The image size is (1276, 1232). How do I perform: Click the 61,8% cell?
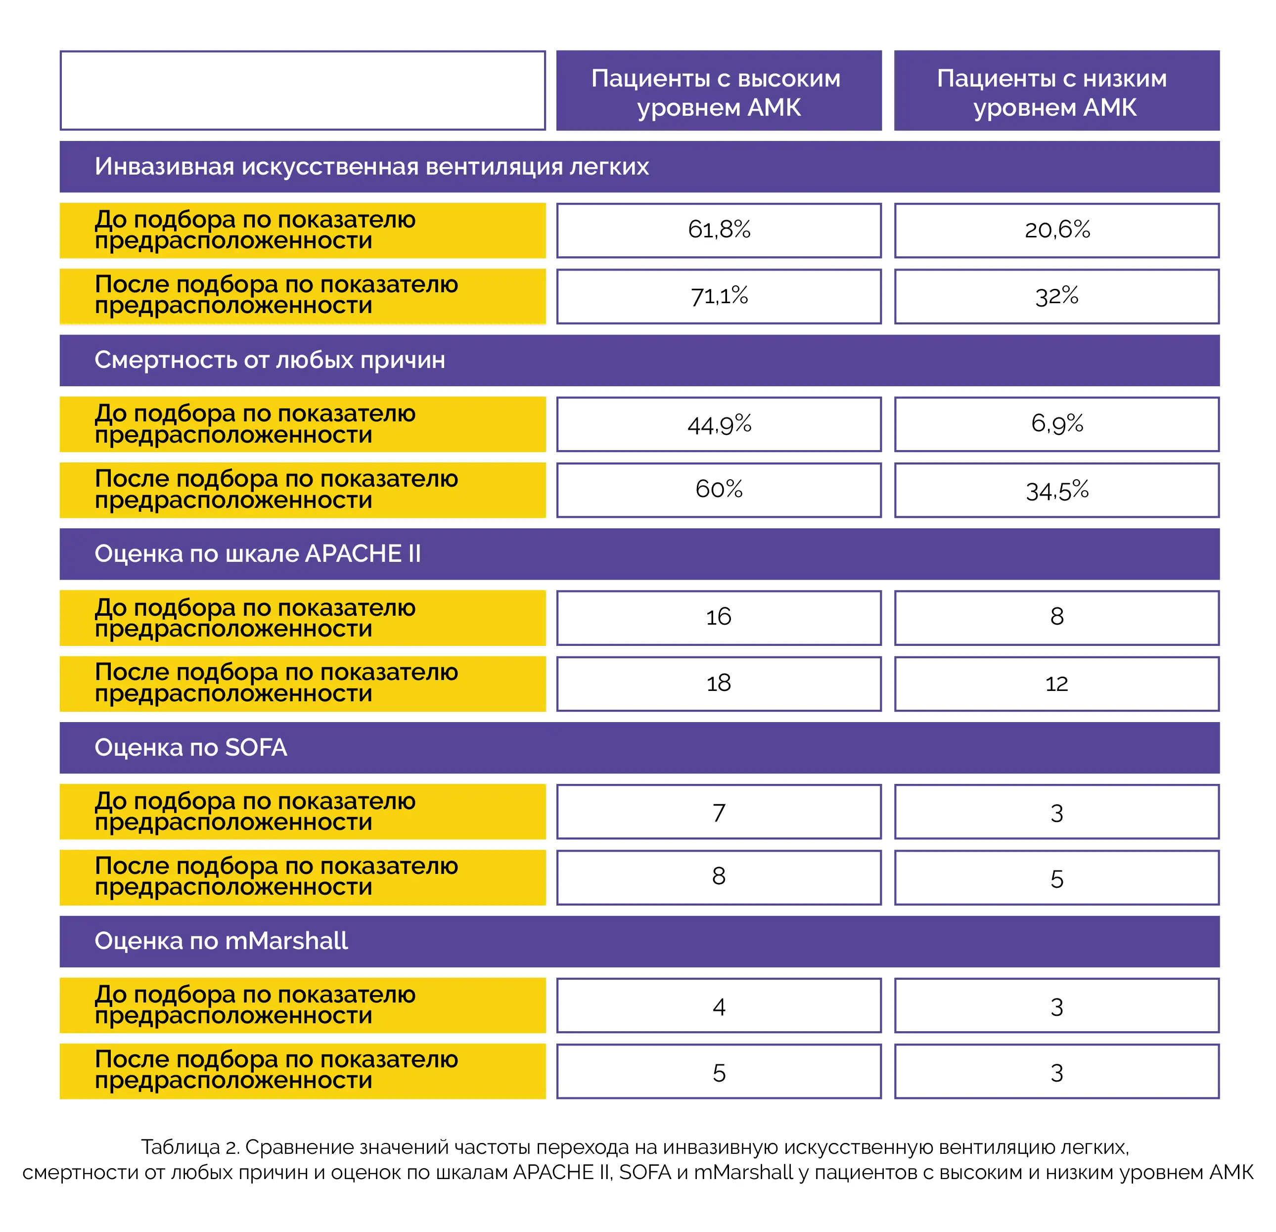tap(719, 230)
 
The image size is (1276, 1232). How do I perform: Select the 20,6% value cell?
tap(1056, 230)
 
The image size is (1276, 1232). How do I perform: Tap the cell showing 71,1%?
tap(719, 296)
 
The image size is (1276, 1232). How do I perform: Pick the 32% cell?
tap(1056, 296)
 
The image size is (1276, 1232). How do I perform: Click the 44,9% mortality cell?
tap(719, 424)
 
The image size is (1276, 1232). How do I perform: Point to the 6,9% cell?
tap(1056, 424)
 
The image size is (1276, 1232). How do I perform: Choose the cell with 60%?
tap(719, 490)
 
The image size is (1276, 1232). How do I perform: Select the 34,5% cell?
tap(1056, 490)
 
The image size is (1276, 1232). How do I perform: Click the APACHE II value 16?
tap(719, 617)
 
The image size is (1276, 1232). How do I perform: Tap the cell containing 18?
tap(719, 684)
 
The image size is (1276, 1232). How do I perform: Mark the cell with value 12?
tap(1056, 684)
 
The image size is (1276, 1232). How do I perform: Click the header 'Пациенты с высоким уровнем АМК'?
tap(719, 91)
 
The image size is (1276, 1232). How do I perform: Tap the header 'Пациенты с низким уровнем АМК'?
tap(1056, 91)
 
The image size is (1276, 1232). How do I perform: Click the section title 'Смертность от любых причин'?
tap(270, 360)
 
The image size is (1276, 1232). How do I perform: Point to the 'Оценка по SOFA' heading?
tap(191, 747)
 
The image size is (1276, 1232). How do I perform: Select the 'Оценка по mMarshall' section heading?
tap(222, 941)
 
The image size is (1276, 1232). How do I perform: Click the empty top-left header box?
tap(303, 91)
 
